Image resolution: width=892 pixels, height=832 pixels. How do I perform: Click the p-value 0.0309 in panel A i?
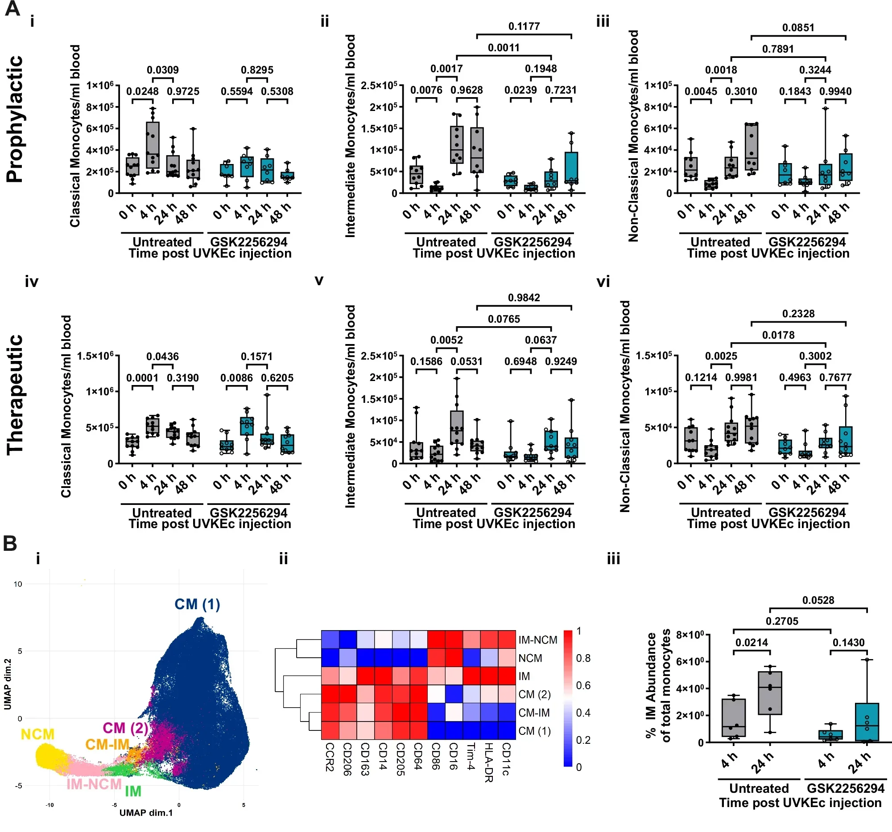tap(162, 70)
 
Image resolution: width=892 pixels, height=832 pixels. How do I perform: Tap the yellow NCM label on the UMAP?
tap(38, 734)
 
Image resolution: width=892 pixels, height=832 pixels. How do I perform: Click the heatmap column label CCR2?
tap(329, 757)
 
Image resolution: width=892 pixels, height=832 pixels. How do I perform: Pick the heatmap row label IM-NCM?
tap(537, 639)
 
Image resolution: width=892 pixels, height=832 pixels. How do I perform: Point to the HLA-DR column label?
tap(488, 762)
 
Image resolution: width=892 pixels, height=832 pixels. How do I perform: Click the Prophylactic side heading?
tap(14, 119)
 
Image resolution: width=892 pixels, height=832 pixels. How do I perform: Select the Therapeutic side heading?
tap(14, 394)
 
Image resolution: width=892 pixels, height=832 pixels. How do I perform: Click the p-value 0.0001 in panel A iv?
tap(142, 378)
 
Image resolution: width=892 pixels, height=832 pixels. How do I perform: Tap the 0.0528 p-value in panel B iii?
tap(818, 600)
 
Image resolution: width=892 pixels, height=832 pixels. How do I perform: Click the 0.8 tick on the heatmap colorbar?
tap(583, 658)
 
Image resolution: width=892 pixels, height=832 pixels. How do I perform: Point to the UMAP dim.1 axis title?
tap(146, 813)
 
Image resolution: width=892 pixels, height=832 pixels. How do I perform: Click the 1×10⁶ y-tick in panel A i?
tap(100, 85)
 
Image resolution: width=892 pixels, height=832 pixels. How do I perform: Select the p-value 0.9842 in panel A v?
tap(524, 298)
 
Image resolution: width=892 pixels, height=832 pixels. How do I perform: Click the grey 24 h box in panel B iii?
tap(770, 693)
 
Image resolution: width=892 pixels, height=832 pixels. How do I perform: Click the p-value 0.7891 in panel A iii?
tap(777, 49)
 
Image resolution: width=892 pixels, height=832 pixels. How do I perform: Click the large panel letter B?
tap(10, 544)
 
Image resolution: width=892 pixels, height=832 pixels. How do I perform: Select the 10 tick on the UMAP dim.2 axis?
tap(17, 584)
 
